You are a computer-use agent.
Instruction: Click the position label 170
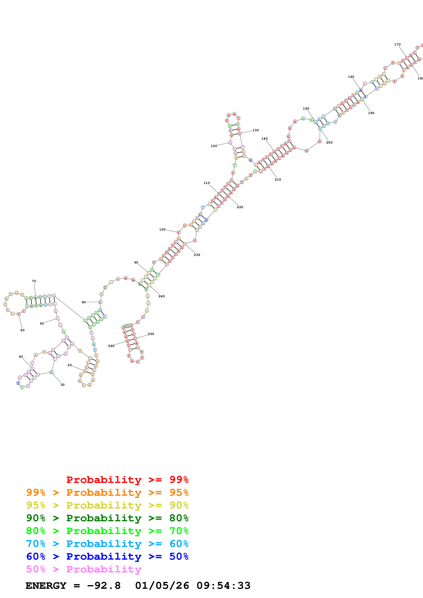(397, 44)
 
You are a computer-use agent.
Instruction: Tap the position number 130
(255, 130)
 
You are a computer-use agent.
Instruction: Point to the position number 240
(162, 296)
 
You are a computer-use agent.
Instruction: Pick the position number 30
(63, 385)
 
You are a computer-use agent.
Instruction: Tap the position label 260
(111, 346)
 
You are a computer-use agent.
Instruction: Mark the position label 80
(84, 302)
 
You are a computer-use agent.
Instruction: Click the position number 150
(306, 109)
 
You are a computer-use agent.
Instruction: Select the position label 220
(240, 207)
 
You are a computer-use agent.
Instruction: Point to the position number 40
(21, 357)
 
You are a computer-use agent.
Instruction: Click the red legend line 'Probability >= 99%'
(127, 480)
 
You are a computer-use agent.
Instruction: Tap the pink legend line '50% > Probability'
(83, 569)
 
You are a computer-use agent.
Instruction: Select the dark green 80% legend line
(107, 518)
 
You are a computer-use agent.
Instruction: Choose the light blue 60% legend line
(107, 544)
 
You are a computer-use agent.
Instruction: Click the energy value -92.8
(104, 586)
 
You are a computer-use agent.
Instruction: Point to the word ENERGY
(46, 586)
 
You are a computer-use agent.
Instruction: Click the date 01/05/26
(162, 586)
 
